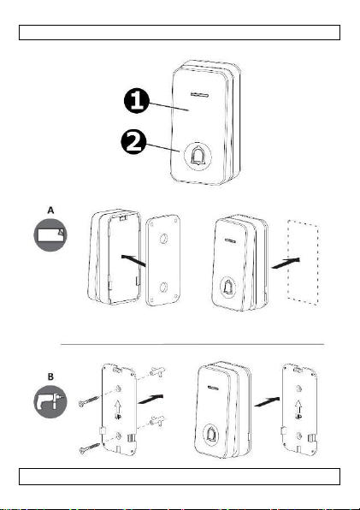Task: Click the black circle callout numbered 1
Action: click(137, 101)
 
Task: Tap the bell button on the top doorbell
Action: click(198, 156)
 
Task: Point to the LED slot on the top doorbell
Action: click(199, 95)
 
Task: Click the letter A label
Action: click(50, 211)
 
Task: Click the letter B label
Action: click(50, 377)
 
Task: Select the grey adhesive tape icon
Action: click(50, 234)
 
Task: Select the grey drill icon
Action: click(50, 401)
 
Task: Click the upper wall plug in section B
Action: click(157, 371)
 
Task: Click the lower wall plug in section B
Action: click(157, 420)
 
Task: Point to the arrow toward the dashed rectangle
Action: click(286, 263)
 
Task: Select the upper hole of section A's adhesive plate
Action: click(163, 240)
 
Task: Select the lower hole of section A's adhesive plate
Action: click(163, 287)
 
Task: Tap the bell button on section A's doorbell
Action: click(227, 288)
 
